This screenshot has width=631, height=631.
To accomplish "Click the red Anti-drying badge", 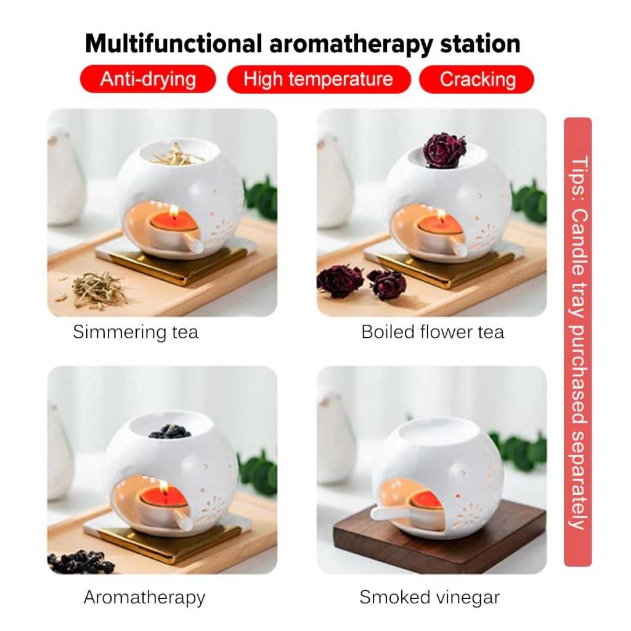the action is (148, 79).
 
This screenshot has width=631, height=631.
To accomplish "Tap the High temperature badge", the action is (319, 79).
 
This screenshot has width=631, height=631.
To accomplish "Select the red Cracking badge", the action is (477, 79).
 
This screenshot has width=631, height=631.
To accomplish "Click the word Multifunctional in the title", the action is (173, 44).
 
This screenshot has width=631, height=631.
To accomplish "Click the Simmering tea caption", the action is (136, 332).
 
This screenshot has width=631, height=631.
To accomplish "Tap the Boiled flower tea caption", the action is (433, 332).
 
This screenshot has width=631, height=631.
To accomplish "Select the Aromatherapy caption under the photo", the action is (144, 597).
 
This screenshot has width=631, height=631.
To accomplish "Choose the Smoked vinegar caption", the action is (429, 597).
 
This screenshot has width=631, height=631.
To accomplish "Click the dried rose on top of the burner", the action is (444, 150).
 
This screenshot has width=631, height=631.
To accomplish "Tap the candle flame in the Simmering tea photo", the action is (174, 211).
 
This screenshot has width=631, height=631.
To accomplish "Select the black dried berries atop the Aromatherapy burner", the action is (170, 431).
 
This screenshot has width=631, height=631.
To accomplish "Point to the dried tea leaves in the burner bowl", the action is (178, 154).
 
